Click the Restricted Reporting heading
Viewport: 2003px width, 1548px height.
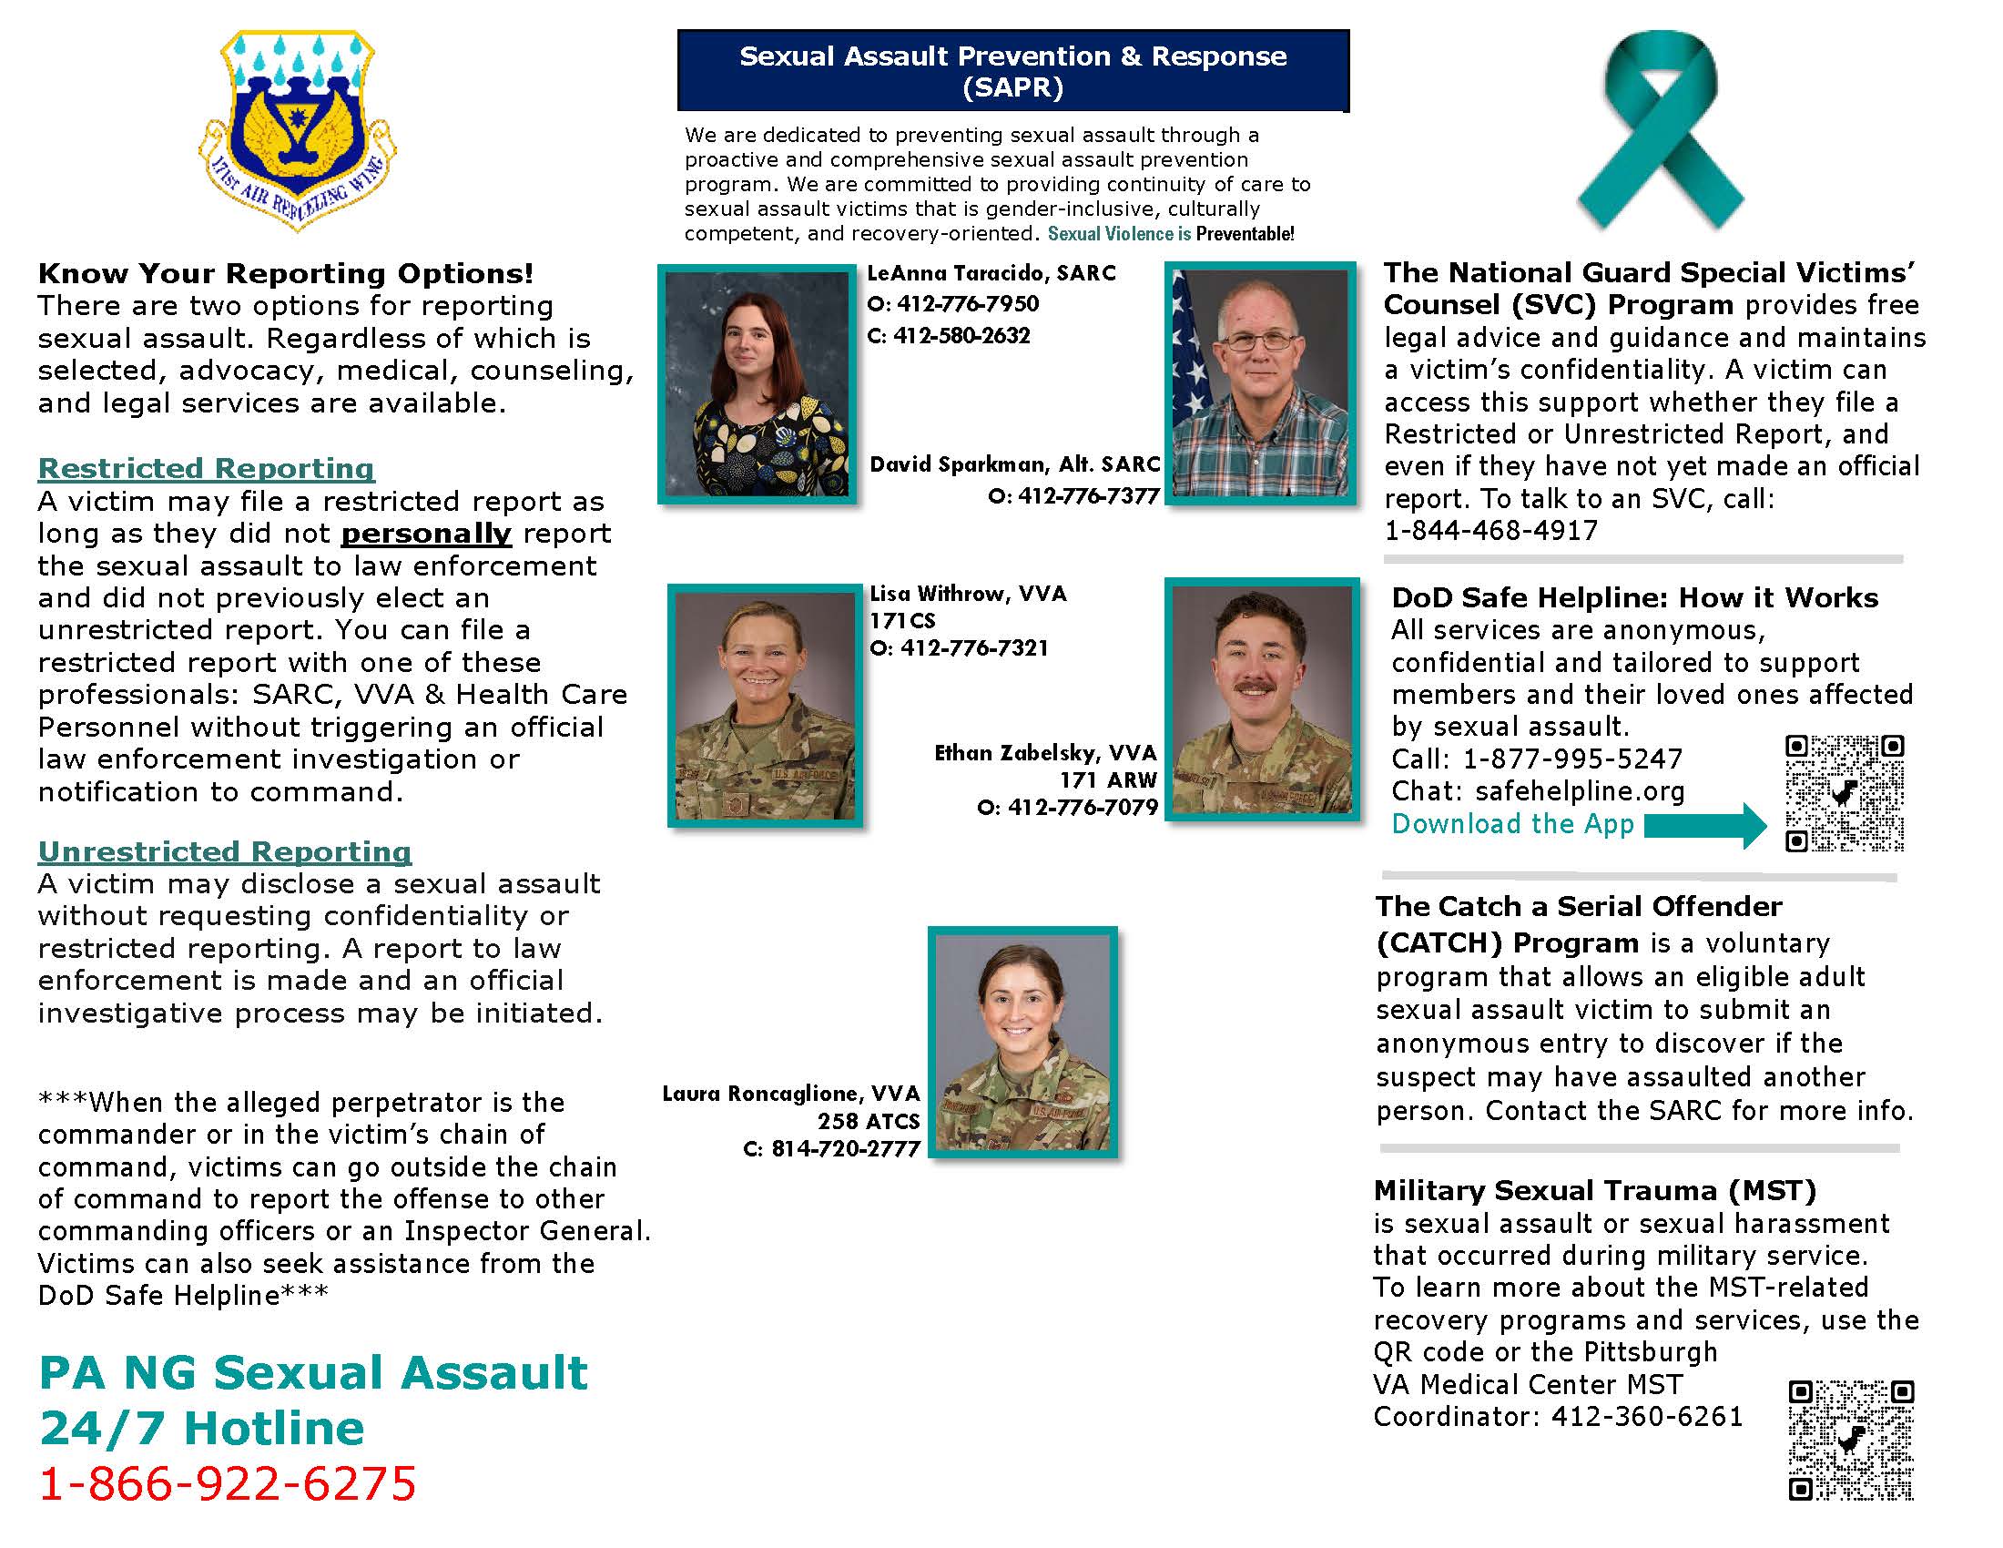[207, 468]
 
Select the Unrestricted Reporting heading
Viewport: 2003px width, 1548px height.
[225, 851]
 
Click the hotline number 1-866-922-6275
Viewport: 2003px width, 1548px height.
[228, 1482]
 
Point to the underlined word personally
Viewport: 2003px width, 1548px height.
[425, 534]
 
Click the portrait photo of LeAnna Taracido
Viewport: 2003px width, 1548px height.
[757, 383]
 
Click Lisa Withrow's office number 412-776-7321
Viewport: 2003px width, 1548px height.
[972, 648]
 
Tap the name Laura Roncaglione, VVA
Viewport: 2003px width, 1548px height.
[790, 1093]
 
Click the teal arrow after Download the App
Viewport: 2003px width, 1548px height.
[1706, 825]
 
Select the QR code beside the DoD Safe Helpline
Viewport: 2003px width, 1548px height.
[1844, 792]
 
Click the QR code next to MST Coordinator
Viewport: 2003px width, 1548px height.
[1851, 1440]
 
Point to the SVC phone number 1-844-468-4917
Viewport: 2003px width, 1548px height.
[1490, 531]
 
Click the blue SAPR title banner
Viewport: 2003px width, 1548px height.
[1012, 71]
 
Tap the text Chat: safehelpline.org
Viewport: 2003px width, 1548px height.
[1538, 791]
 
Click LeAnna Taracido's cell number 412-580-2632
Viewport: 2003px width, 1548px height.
[961, 336]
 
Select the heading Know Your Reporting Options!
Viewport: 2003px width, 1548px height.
[285, 273]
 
